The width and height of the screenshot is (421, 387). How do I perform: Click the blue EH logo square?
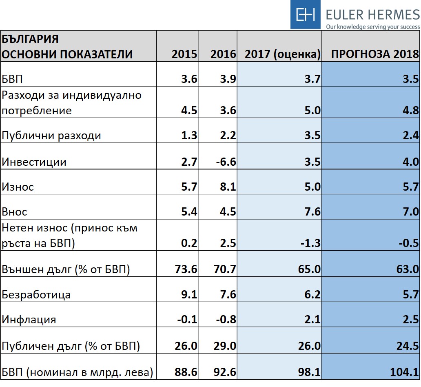click(306, 15)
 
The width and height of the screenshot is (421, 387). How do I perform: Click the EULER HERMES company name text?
click(372, 15)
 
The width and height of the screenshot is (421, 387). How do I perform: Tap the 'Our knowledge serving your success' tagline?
click(372, 27)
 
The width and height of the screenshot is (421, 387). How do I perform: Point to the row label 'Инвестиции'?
click(34, 162)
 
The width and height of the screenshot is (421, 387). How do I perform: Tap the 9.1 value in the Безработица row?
click(189, 294)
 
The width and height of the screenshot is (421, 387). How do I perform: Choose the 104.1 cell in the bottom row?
click(405, 371)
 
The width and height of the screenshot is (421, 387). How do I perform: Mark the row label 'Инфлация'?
click(29, 319)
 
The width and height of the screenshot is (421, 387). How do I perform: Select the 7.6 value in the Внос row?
click(312, 212)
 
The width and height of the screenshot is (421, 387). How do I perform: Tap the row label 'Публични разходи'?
click(51, 136)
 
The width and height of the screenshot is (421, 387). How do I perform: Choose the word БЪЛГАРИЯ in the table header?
click(30, 39)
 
